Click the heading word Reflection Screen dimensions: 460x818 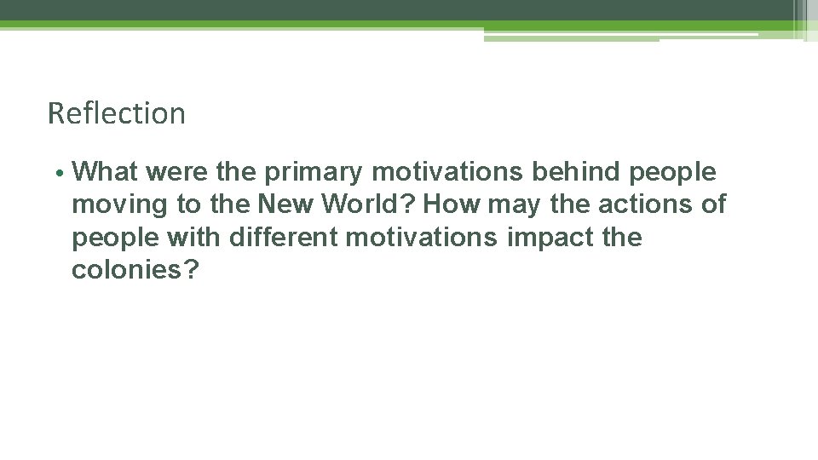pyautogui.click(x=117, y=113)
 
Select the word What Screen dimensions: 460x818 pyautogui.click(x=107, y=172)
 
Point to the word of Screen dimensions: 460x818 pyautogui.click(x=714, y=204)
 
